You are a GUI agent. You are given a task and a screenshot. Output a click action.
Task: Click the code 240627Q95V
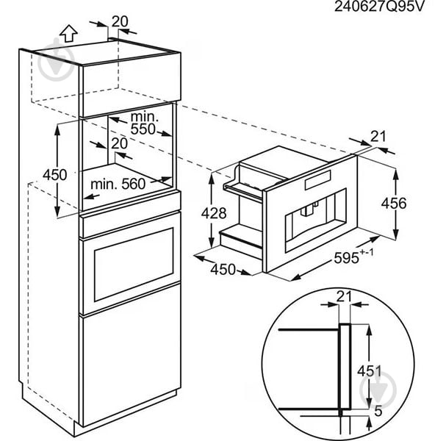378,7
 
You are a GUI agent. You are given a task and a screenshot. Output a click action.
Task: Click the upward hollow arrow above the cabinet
68,34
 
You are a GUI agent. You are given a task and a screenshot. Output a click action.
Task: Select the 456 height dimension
394,203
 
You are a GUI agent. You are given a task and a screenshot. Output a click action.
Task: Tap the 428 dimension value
214,213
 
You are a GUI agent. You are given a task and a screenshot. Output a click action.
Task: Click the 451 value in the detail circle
370,371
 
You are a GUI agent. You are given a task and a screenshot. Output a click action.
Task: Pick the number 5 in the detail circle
378,411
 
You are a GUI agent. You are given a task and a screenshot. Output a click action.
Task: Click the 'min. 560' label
118,184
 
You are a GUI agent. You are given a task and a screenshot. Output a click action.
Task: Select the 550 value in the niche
143,129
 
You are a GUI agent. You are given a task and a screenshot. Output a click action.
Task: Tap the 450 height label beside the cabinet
55,175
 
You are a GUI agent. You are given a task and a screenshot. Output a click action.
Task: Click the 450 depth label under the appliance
223,269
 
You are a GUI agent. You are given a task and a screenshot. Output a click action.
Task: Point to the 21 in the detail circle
345,296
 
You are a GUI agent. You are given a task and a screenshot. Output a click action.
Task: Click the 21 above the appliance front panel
378,137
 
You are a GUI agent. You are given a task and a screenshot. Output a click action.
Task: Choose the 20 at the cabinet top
120,21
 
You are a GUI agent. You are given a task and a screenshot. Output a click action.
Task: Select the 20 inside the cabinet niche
120,143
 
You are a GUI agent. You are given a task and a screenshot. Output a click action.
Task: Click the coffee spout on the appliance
309,209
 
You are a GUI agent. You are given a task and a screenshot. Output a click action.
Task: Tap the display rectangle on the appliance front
317,180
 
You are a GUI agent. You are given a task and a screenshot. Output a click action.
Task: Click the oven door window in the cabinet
134,265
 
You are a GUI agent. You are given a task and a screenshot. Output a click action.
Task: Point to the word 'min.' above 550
145,117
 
